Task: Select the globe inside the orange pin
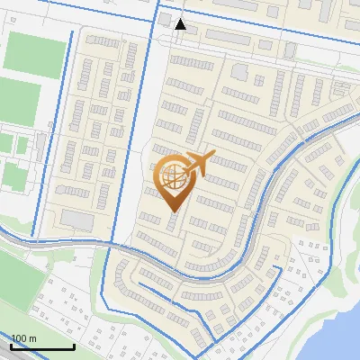tap(172, 176)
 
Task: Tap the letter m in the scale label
tap(32, 338)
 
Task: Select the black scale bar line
tap(42, 347)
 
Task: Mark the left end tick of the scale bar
tap(12, 346)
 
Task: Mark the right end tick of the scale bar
tap(74, 346)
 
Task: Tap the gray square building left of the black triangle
tap(166, 20)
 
